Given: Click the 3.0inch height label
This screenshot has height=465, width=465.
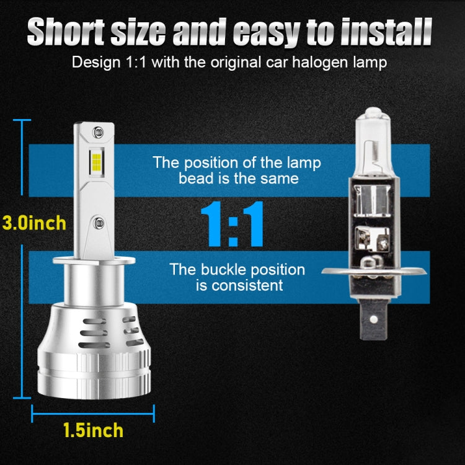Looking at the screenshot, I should [34, 223].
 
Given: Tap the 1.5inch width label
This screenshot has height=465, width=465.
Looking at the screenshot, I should [93, 430].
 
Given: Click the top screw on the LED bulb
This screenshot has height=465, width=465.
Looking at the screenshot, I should [96, 132].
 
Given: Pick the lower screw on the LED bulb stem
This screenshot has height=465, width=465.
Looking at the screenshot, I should [96, 221].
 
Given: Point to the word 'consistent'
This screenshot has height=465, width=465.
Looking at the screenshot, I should [247, 285].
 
